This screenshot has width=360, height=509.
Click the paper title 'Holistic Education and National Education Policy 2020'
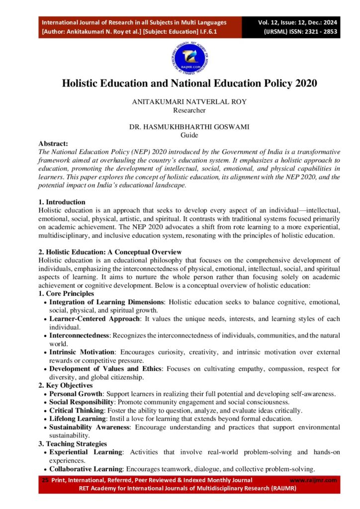coord(189,84)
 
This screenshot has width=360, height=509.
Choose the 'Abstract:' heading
coord(53,143)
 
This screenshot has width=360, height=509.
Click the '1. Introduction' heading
coord(61,202)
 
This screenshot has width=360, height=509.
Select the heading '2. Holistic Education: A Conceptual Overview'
coord(110,252)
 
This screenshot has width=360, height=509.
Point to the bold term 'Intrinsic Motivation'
coord(82,352)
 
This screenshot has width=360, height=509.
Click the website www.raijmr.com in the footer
coord(313,480)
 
